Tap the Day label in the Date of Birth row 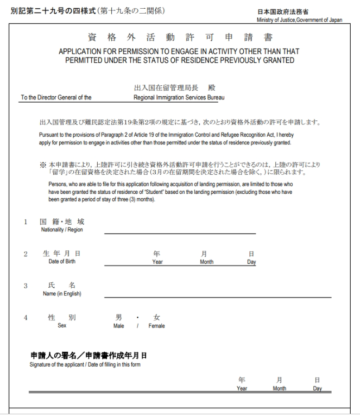click(x=251, y=262)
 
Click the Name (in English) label click(x=61, y=294)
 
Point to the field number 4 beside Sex click(x=25, y=317)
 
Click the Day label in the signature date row click(x=318, y=388)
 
